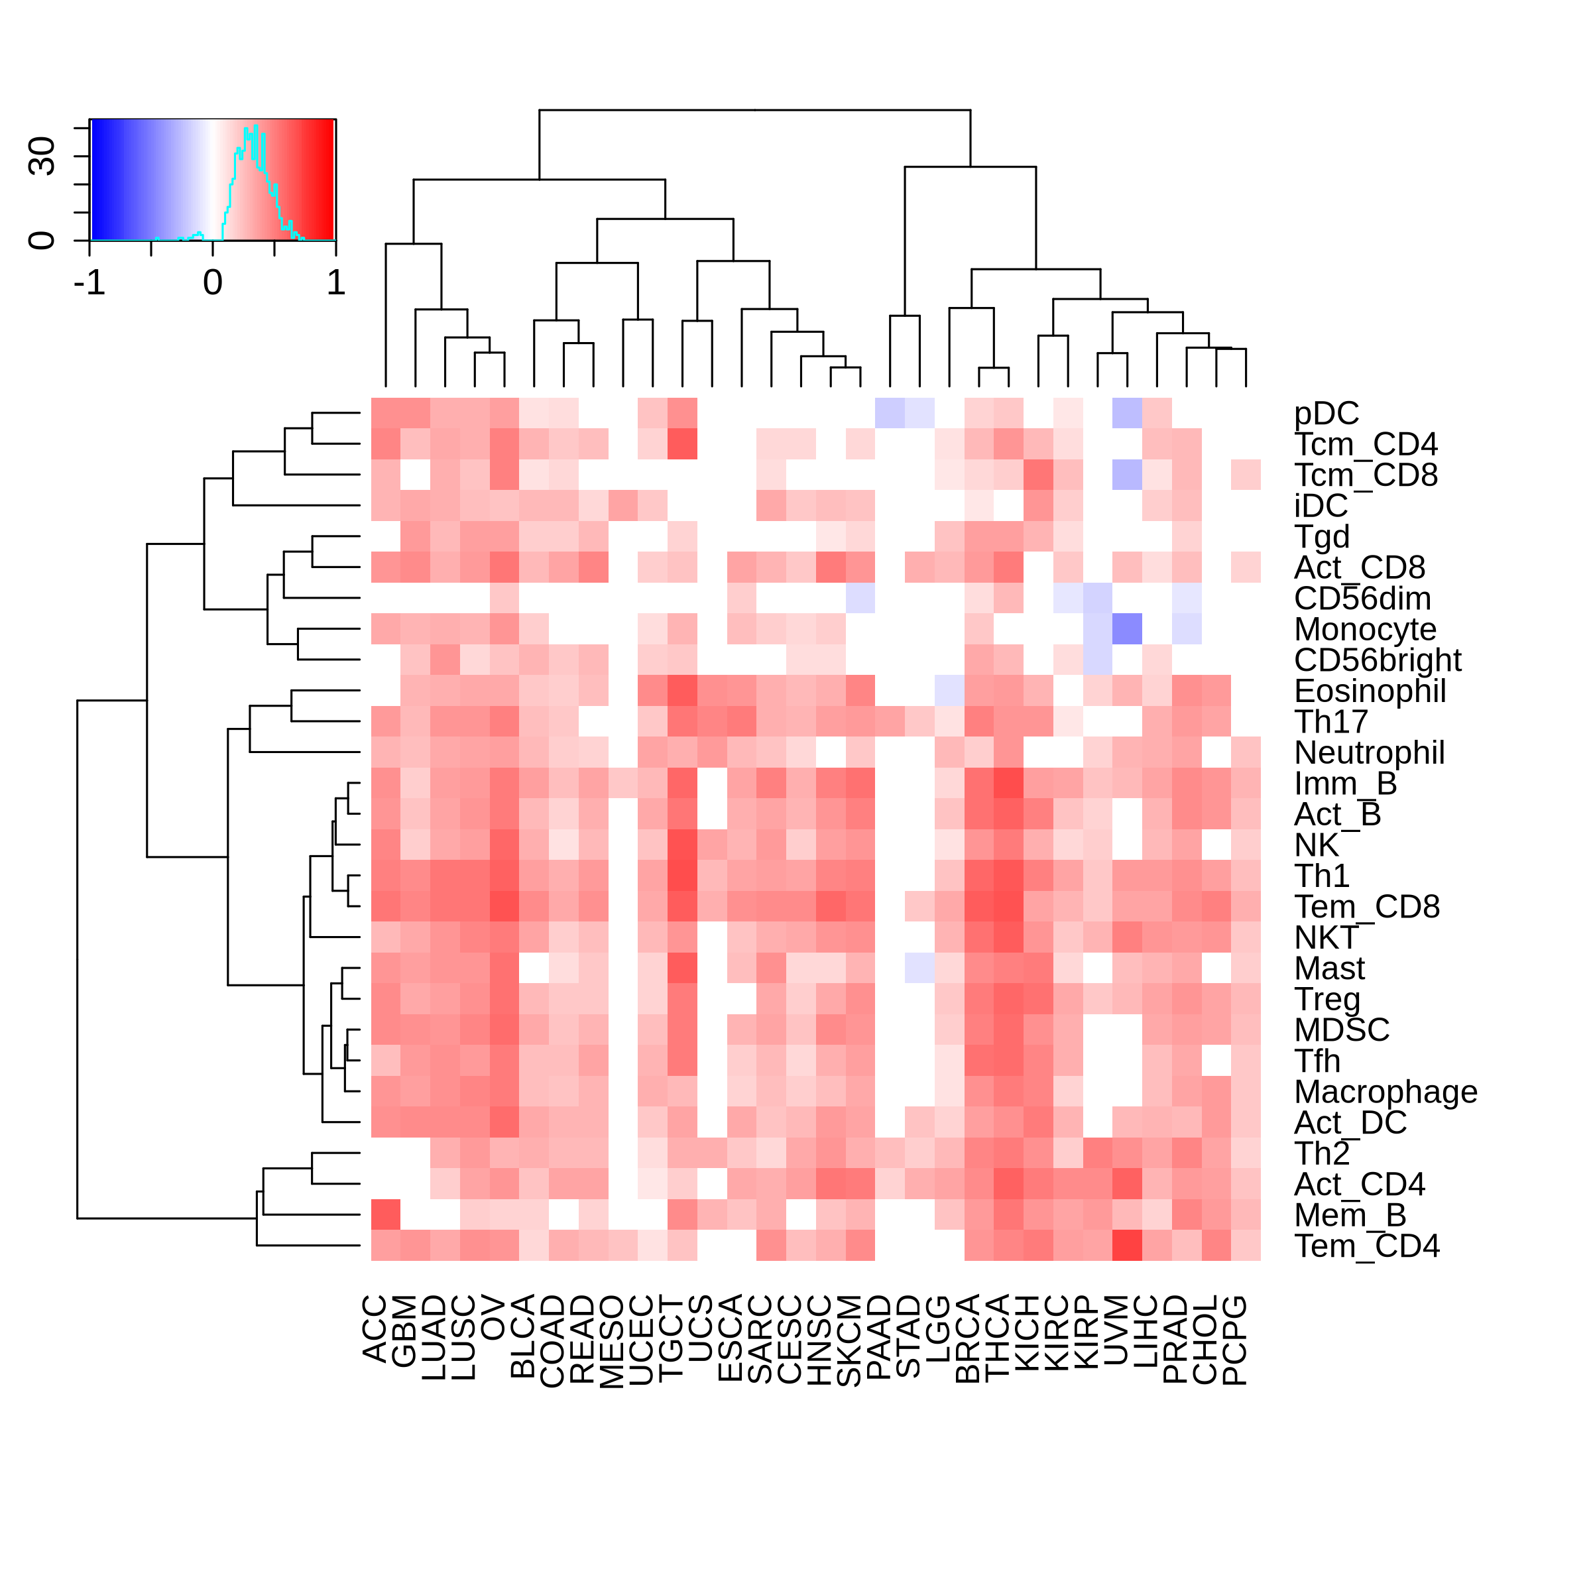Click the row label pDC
[1326, 414]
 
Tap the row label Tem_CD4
[1367, 1246]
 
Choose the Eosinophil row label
[1370, 691]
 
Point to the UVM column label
[1116, 1330]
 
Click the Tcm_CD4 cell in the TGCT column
[682, 444]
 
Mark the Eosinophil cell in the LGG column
[949, 691]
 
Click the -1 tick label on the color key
[89, 283]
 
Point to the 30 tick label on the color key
[41, 156]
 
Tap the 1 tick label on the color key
[335, 283]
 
